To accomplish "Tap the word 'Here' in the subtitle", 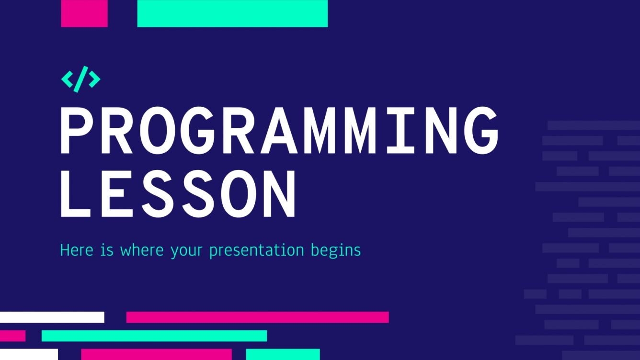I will pyautogui.click(x=76, y=250).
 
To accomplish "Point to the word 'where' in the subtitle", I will pyautogui.click(x=142, y=250).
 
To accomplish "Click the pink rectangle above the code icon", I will pyautogui.click(x=84, y=13).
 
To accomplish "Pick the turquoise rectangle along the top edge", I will pyautogui.click(x=232, y=13).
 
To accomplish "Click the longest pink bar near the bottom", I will pyautogui.click(x=257, y=317).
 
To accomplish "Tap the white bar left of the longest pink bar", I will pyautogui.click(x=52, y=317).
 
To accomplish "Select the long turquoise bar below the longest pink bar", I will pyautogui.click(x=154, y=336).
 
